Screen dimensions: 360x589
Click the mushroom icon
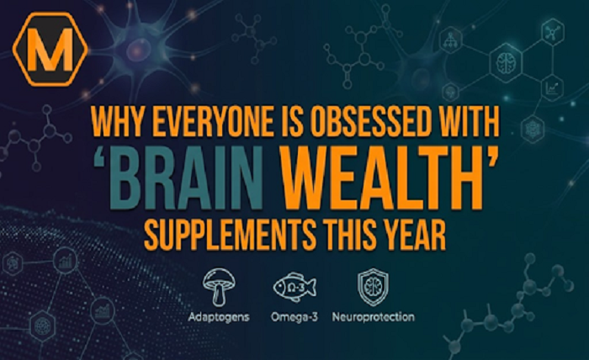[216, 286]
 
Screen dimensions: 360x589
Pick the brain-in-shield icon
[372, 285]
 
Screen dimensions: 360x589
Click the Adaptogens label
[216, 318]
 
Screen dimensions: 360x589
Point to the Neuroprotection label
[372, 318]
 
